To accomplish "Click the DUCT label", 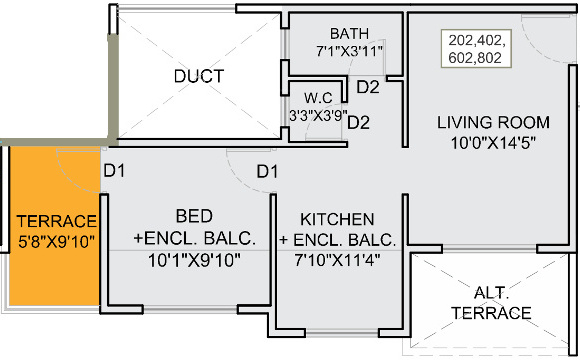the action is pyautogui.click(x=199, y=76).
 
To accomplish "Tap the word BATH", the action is pyautogui.click(x=350, y=34).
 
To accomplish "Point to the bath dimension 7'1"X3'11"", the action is pyautogui.click(x=349, y=51).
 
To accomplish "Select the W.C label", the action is pyautogui.click(x=318, y=98).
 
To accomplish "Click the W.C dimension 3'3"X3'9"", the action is pyautogui.click(x=318, y=115).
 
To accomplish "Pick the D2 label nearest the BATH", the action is pyautogui.click(x=368, y=87).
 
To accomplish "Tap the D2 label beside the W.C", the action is pyautogui.click(x=358, y=122).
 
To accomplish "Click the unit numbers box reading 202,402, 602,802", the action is pyautogui.click(x=476, y=48).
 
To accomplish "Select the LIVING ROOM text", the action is pyautogui.click(x=493, y=122).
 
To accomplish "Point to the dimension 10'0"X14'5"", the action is pyautogui.click(x=493, y=143).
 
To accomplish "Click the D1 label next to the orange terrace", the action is pyautogui.click(x=114, y=171).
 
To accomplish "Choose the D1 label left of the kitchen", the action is pyautogui.click(x=267, y=172).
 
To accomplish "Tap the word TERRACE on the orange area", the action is pyautogui.click(x=57, y=221).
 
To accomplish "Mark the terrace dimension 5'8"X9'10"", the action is pyautogui.click(x=57, y=242).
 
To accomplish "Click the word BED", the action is pyautogui.click(x=194, y=216).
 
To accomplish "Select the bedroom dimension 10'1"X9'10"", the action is pyautogui.click(x=194, y=260).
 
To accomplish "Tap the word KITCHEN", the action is pyautogui.click(x=337, y=219).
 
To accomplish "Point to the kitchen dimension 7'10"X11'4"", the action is pyautogui.click(x=337, y=260).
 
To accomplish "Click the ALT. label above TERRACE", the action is pyautogui.click(x=491, y=293).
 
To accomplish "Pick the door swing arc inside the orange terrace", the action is pyautogui.click(x=70, y=179).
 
